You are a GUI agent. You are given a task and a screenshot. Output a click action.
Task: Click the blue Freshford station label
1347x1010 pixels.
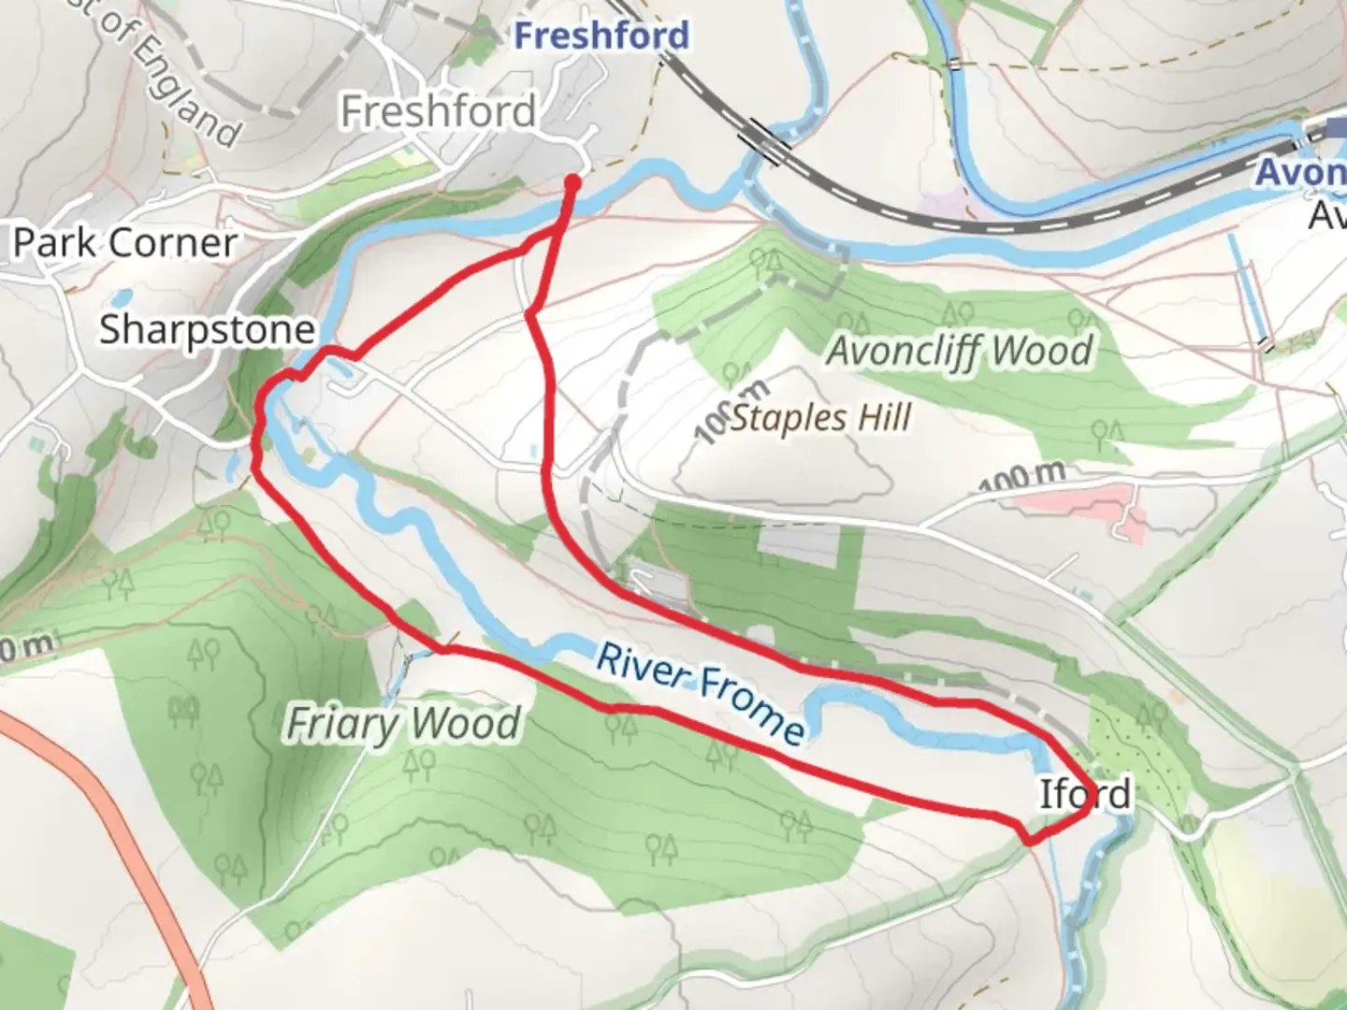point(601,36)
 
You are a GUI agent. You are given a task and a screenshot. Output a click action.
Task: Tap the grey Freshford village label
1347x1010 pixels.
point(438,112)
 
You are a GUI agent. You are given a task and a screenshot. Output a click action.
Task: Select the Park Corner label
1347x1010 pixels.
point(124,243)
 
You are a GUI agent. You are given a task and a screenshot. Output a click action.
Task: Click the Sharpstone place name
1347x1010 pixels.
point(207,329)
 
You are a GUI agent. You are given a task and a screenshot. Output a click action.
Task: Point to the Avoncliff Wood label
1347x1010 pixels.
point(959,351)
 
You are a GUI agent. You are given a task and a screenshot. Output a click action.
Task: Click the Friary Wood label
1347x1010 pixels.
point(402,724)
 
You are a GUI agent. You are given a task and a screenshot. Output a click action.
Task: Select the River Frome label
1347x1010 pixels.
point(700,691)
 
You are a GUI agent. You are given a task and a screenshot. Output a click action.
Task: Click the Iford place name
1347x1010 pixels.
point(1085,794)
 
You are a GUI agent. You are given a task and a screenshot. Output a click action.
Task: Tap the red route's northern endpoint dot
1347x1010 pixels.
point(572,183)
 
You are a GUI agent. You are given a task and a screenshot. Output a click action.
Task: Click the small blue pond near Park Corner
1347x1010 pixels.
point(119,299)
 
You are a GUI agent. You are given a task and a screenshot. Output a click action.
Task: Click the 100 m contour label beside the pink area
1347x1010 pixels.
point(1021,477)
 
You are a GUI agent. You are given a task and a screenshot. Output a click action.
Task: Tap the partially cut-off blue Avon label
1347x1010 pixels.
point(1300,172)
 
